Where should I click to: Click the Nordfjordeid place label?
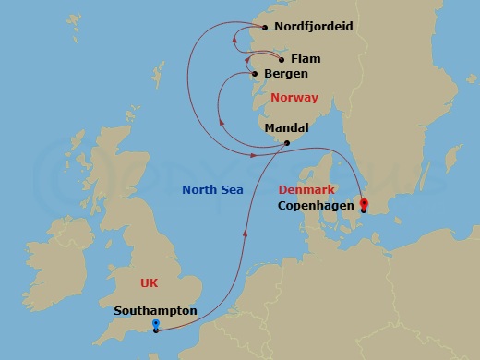point(314,27)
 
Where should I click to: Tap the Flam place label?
point(305,59)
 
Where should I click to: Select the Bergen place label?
point(285,74)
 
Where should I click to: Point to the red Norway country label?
point(294,98)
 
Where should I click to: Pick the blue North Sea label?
point(212,189)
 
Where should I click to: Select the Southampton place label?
point(155,311)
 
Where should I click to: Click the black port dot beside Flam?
point(282,59)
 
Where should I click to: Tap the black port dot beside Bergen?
point(255,74)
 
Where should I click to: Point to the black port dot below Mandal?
point(287,143)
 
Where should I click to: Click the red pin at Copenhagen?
point(363,204)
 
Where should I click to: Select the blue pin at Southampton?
point(156,325)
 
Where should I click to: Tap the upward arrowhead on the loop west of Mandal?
point(220,122)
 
